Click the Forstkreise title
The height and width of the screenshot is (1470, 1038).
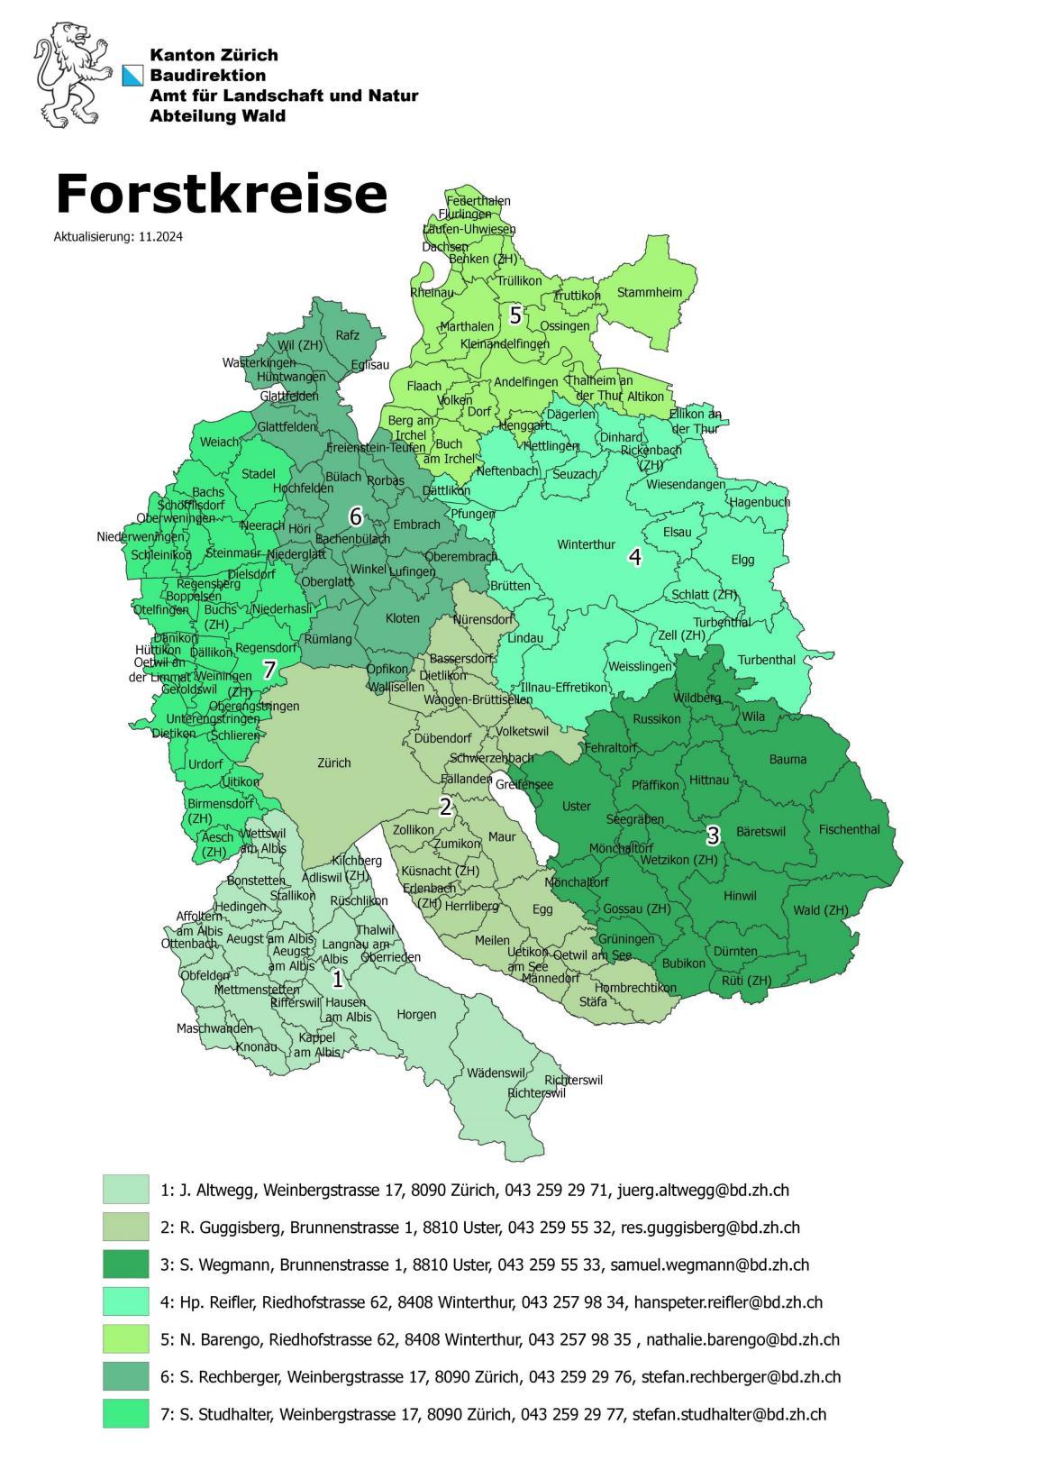[x=221, y=192]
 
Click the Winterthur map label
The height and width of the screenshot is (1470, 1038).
[x=586, y=544]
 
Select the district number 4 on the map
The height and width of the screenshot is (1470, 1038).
[x=634, y=557]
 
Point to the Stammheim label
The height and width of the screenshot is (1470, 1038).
[x=649, y=292]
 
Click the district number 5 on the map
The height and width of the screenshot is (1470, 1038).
[x=515, y=315]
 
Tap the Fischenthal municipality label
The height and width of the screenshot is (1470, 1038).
[x=849, y=829]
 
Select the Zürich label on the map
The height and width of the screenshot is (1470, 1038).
[x=334, y=762]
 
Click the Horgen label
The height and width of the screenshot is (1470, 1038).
[x=416, y=1014]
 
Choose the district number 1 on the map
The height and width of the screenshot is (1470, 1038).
[x=338, y=979]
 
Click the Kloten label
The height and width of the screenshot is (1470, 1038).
[x=402, y=619]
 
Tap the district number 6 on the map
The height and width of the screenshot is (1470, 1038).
[x=355, y=516]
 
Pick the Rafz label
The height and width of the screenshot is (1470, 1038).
[x=347, y=335]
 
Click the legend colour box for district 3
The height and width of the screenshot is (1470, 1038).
[x=125, y=1265]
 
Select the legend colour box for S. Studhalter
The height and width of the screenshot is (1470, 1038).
[x=125, y=1413]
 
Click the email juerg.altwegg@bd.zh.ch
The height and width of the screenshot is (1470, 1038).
[x=703, y=1190]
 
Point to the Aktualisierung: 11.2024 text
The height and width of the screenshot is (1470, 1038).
[x=113, y=237]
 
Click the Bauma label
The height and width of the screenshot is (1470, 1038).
[x=788, y=759]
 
